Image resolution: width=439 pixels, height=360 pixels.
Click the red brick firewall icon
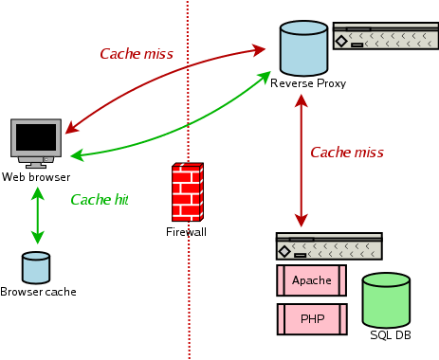187,193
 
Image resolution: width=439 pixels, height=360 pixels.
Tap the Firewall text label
186,232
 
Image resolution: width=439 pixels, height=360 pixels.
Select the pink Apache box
311,280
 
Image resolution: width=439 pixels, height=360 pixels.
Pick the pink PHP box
311,318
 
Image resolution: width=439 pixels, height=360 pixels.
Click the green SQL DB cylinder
386,300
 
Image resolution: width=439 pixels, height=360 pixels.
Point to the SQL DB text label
390,336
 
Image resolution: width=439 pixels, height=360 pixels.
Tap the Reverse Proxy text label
308,83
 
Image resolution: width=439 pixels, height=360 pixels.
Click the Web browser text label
35,177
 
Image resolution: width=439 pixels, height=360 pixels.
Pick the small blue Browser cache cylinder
36,267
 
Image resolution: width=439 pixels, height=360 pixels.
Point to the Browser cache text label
38,292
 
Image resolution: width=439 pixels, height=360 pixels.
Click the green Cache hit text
99,200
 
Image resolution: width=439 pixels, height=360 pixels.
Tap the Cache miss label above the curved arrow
137,54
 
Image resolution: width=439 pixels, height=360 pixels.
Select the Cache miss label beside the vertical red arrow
347,152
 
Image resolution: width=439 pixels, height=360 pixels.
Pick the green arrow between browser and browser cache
37,216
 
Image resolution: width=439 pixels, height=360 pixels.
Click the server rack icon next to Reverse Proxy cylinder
385,38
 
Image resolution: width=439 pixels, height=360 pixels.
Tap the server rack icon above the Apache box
328,246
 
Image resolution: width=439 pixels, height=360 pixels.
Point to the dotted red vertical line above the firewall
188,76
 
